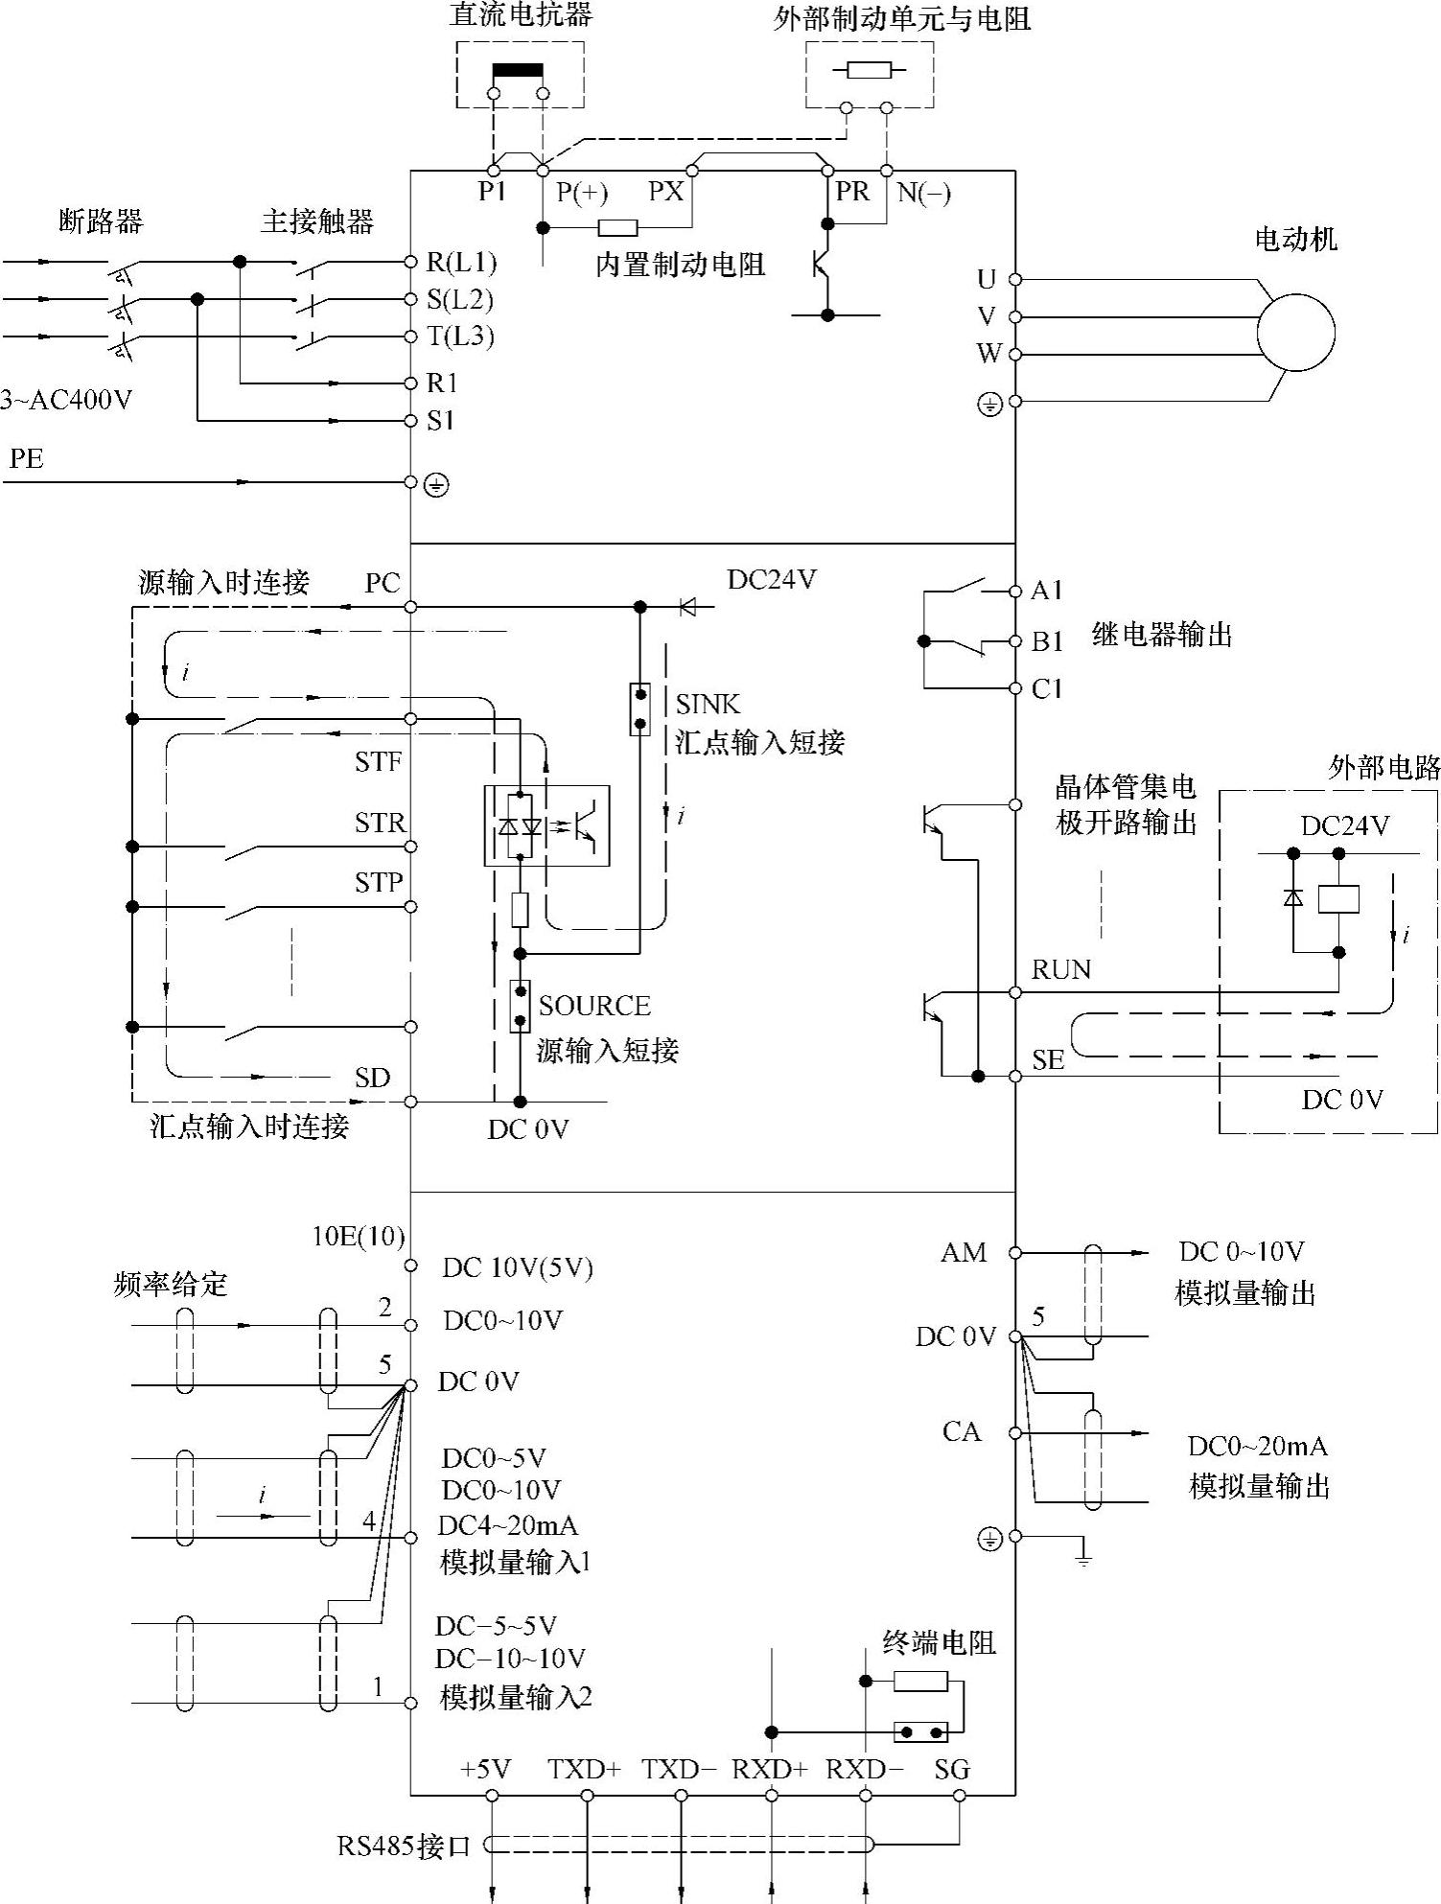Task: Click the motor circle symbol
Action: (1295, 332)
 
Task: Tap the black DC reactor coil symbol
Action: (518, 71)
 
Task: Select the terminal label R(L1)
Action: (461, 262)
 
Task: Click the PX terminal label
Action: (665, 193)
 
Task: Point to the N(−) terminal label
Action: (923, 194)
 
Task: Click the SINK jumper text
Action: (708, 705)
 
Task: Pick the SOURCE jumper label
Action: (594, 1006)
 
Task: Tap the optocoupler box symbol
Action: (546, 825)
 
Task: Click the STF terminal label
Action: (378, 762)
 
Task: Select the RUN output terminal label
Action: (1061, 970)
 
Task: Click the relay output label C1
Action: (1047, 689)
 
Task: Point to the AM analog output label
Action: (964, 1253)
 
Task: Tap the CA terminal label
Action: (962, 1432)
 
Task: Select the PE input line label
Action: (27, 459)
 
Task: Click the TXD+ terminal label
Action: (585, 1769)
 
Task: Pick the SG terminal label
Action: (952, 1769)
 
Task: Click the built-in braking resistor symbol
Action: (617, 228)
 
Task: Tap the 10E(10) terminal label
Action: (359, 1237)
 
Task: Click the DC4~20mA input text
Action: (508, 1525)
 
